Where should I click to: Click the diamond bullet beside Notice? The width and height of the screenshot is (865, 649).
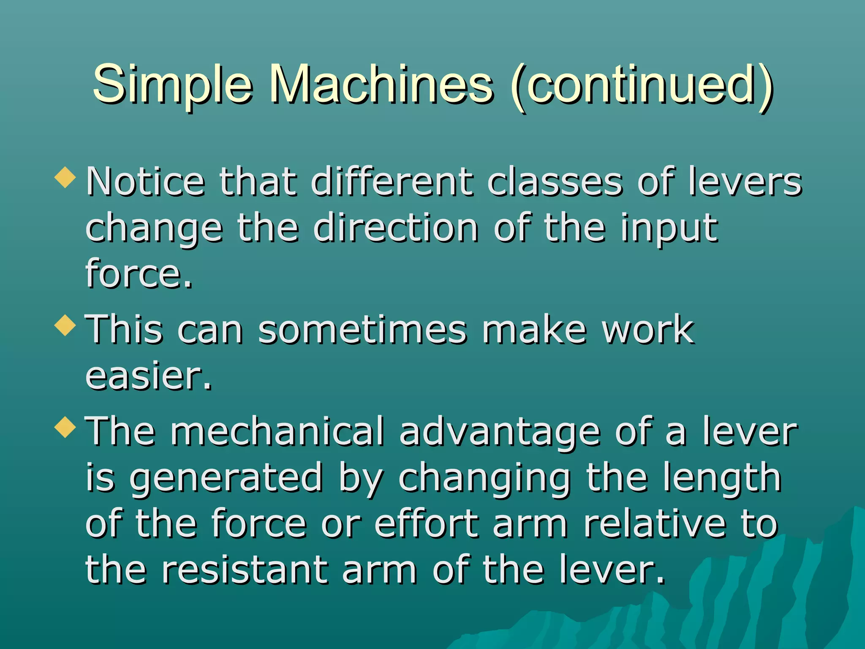(65, 177)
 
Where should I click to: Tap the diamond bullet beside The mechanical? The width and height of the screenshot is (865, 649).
(65, 427)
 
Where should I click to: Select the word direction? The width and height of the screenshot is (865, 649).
(396, 228)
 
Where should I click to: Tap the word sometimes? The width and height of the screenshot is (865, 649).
(362, 330)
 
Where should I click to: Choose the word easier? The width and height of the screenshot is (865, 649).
(148, 376)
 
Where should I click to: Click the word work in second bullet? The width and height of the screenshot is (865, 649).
(648, 330)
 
